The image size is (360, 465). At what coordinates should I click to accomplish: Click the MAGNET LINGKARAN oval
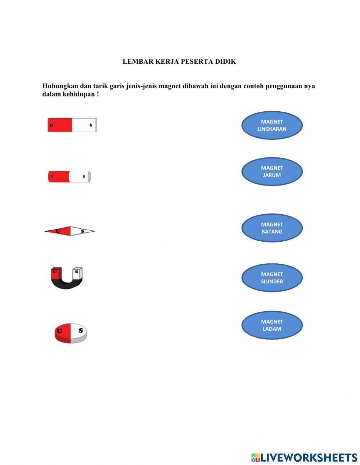coord(272,125)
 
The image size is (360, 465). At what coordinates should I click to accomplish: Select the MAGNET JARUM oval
coord(272,171)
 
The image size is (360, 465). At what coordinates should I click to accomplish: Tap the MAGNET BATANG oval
coord(272,228)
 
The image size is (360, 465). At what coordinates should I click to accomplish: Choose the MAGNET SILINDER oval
coord(272,278)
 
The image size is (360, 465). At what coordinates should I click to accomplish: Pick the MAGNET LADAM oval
coord(272,325)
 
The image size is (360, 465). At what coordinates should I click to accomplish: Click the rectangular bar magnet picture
coord(72,125)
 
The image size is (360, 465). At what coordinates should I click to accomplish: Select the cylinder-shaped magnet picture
coord(69,176)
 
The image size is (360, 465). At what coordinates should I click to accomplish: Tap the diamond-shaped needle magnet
coord(70,231)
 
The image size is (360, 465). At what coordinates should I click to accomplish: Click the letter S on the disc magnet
coord(81,330)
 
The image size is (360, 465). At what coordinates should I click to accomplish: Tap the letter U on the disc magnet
coord(59,331)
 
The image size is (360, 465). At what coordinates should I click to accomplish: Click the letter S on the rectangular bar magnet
coord(91,125)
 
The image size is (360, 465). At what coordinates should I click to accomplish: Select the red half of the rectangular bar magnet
coord(60,125)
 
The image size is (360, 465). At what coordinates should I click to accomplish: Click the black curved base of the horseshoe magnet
coord(67,285)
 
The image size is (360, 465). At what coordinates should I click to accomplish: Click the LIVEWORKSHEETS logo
coord(304,457)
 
